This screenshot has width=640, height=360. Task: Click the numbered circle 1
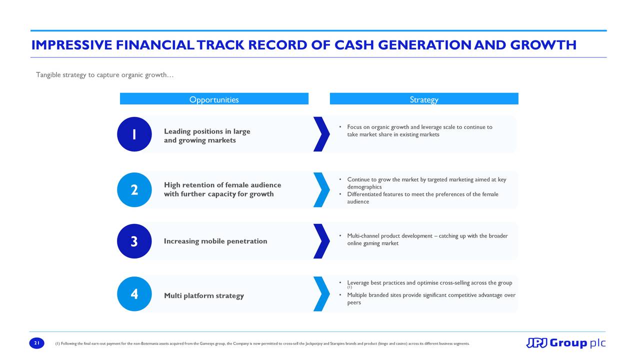(134, 134)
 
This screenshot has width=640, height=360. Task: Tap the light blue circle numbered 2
(134, 189)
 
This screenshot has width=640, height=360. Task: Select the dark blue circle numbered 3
(134, 241)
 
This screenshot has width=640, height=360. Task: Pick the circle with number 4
(134, 293)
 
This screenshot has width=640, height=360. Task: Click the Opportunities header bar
(214, 98)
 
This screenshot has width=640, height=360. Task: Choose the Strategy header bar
(424, 98)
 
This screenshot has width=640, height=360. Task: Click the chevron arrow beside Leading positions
(321, 134)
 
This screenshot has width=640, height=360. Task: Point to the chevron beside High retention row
(321, 189)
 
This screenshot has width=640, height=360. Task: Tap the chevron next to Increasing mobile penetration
(321, 241)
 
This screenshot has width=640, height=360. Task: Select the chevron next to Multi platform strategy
(321, 293)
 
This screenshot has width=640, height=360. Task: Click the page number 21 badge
(37, 343)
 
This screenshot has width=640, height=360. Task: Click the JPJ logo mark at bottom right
(536, 343)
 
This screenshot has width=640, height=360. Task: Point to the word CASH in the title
(354, 45)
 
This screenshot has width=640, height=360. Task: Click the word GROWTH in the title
(543, 45)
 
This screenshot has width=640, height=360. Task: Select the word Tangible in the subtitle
(48, 75)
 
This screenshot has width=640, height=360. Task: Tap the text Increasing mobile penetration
(215, 241)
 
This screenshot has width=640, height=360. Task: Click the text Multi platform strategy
(204, 295)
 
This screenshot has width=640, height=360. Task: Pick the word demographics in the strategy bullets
(364, 187)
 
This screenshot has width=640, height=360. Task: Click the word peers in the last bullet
(354, 302)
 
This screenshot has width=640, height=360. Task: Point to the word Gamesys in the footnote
(205, 343)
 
